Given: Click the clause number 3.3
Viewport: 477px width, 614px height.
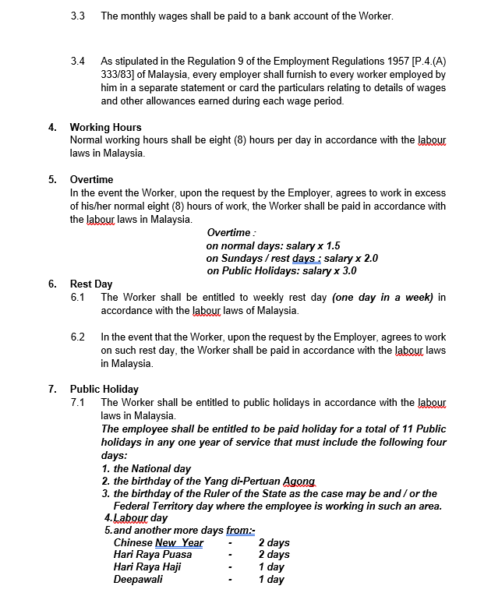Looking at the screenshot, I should click(77, 16).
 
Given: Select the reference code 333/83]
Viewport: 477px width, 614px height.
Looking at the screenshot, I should click(120, 75).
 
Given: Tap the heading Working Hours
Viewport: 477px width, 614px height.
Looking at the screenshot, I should click(106, 127).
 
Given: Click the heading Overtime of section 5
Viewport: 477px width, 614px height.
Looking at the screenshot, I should click(91, 180).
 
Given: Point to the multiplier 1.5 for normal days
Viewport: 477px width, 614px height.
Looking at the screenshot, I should click(330, 245).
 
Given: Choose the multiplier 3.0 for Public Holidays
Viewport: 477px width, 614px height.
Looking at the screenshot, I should click(347, 271).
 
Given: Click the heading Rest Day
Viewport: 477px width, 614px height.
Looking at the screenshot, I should click(91, 284).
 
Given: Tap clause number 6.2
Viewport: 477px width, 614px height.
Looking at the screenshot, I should click(77, 337).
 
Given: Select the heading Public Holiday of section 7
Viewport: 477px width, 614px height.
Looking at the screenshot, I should click(104, 389).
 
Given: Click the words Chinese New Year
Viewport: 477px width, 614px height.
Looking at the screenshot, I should click(158, 543).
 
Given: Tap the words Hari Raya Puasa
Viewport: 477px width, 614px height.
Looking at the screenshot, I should click(153, 555).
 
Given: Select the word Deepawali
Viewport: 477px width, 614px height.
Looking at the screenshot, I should click(138, 580).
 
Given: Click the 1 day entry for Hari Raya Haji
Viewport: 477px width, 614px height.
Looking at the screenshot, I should click(271, 567).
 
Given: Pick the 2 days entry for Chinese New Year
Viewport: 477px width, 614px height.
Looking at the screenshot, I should click(274, 543).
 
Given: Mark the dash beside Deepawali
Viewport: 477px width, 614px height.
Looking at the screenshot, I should click(230, 580).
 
